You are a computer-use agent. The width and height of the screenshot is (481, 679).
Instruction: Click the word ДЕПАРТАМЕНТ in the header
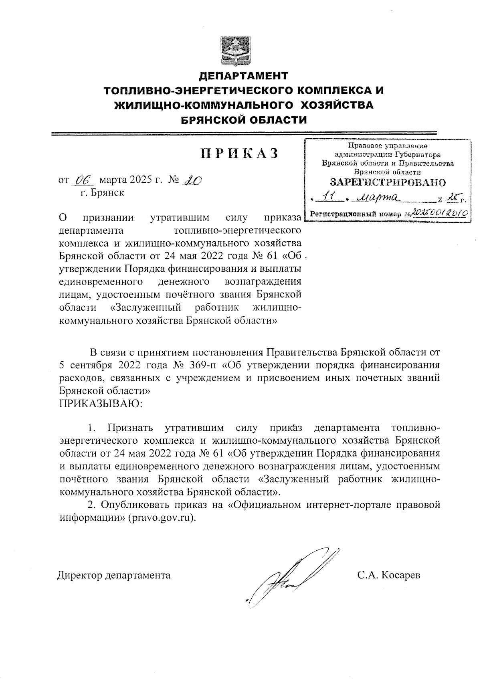[x=244, y=76]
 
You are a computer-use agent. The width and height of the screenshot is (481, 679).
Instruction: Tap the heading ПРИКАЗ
[x=239, y=154]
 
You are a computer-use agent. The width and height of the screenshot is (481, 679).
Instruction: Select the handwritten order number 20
[x=192, y=180]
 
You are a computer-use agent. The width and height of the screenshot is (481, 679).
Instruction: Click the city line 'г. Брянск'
[x=102, y=193]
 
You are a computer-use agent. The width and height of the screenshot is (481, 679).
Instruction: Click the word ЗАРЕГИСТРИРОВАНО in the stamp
[x=387, y=182]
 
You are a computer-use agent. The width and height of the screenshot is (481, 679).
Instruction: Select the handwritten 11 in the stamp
[x=331, y=197]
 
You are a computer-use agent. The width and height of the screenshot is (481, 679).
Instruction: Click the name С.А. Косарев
[x=389, y=575]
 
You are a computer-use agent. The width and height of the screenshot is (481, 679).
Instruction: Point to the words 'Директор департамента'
[x=113, y=575]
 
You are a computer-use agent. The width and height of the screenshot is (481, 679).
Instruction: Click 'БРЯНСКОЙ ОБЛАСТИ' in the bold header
[x=244, y=120]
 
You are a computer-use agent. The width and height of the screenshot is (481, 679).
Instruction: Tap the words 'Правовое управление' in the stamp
[x=388, y=146]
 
